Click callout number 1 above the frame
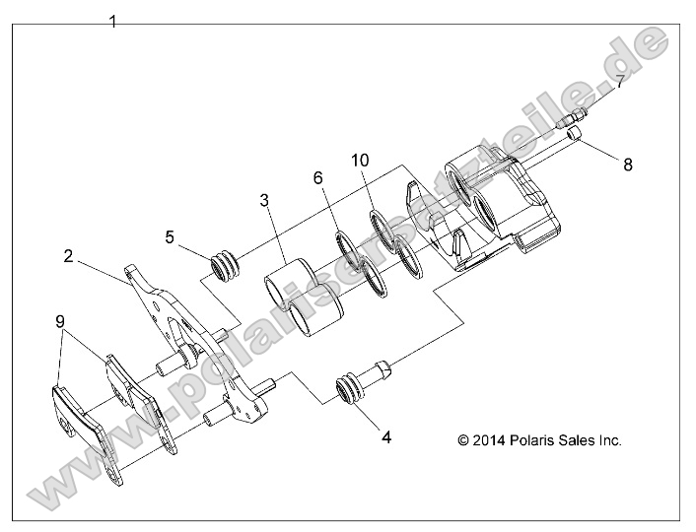[113, 21]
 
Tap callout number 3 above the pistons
[264, 202]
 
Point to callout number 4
[386, 436]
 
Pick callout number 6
[317, 177]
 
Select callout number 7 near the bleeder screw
[619, 83]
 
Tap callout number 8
[627, 166]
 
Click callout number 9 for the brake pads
[60, 321]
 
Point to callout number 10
[361, 161]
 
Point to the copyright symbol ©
[464, 440]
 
